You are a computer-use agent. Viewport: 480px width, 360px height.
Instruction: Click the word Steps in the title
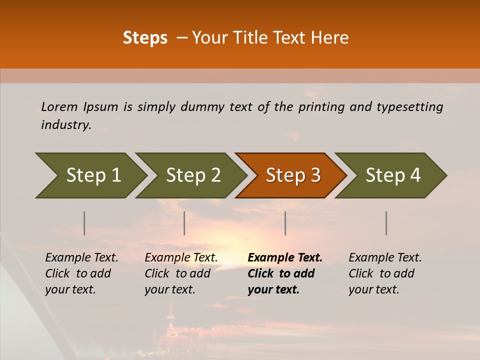click(145, 38)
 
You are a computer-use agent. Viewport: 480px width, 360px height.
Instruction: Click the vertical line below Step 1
click(84, 223)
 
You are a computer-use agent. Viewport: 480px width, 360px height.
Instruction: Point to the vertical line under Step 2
click(184, 223)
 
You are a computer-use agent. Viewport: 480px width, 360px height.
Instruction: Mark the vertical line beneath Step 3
click(285, 223)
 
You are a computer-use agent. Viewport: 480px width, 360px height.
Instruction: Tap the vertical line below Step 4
click(386, 223)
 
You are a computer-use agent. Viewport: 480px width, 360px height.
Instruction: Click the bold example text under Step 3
click(284, 273)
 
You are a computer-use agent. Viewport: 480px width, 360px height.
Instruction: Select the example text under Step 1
click(81, 273)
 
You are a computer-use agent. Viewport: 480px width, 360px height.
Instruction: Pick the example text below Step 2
click(181, 273)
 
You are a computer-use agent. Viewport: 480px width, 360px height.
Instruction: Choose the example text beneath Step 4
click(385, 273)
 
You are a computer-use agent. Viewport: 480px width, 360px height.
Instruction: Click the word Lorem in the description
click(59, 106)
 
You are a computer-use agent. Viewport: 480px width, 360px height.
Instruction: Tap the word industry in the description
click(65, 124)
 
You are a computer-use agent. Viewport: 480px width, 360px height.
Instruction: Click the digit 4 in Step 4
click(415, 175)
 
